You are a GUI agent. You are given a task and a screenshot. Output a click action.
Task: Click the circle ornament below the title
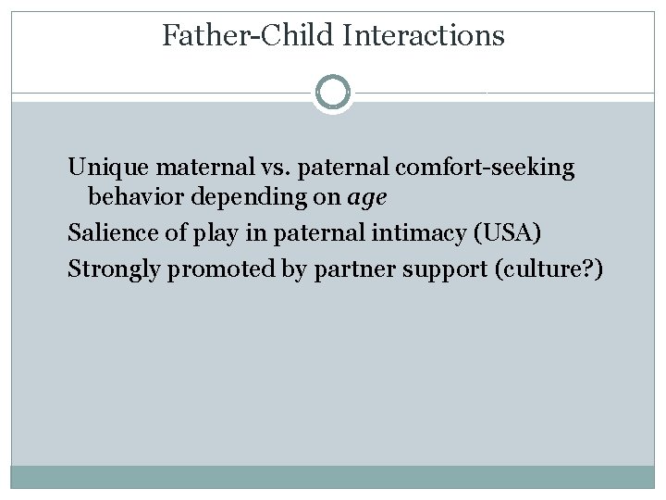(x=332, y=93)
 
